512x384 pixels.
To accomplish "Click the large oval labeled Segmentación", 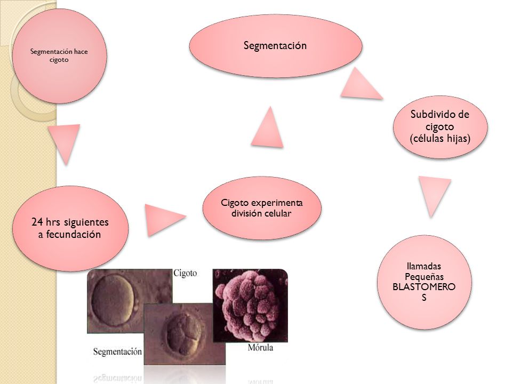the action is (x=276, y=46).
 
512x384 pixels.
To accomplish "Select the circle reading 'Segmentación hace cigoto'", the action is (x=59, y=56).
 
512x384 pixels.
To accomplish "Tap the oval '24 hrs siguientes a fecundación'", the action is (x=70, y=228).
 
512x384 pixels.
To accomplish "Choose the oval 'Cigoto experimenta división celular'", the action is (x=262, y=208).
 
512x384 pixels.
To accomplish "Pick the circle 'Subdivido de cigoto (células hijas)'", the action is (x=440, y=127).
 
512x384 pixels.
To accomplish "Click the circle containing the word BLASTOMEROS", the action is (x=424, y=282).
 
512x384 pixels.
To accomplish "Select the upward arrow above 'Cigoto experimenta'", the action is (x=267, y=127).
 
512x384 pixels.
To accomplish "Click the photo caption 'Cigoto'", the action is (x=185, y=273).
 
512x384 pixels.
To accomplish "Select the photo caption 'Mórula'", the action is (x=260, y=347).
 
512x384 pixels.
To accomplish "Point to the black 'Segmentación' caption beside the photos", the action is (x=117, y=351).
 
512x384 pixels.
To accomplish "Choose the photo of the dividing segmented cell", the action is (x=185, y=334).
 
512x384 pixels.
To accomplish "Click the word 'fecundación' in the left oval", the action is (x=74, y=234).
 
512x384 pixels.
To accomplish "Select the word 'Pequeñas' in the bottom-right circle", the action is (x=424, y=277).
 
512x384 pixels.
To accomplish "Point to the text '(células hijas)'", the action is (x=440, y=139).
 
